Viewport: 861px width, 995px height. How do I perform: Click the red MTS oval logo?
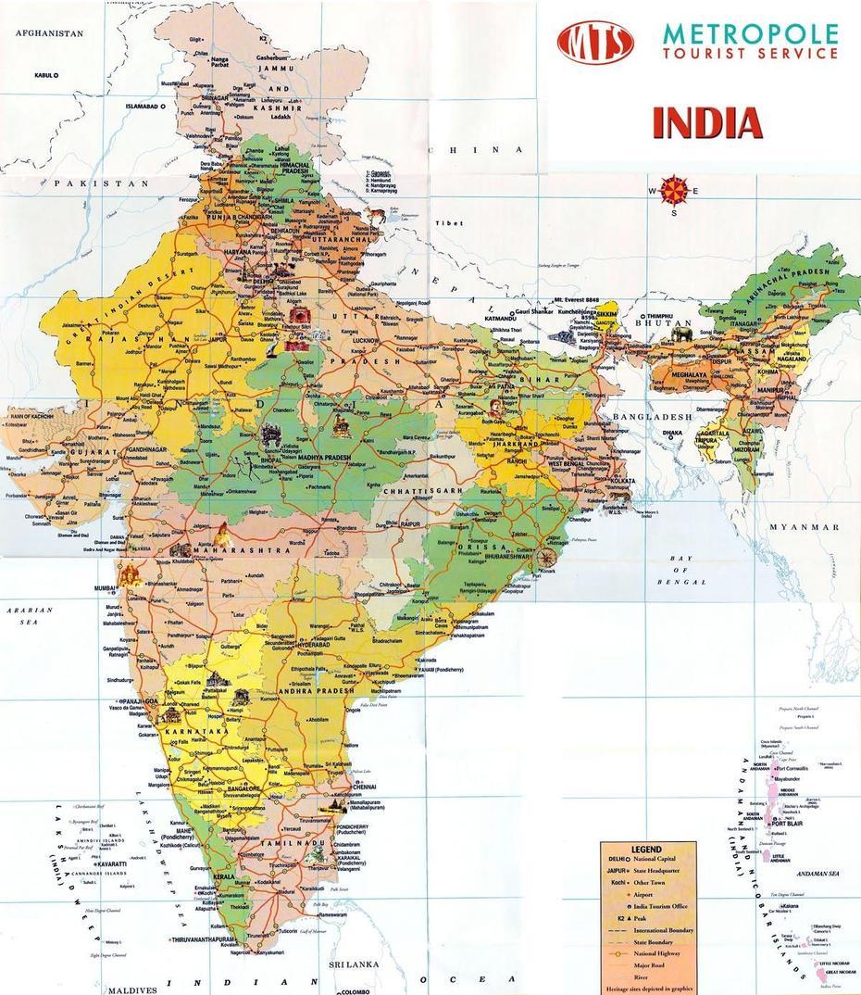coord(595,43)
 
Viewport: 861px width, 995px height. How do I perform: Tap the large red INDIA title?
coord(706,123)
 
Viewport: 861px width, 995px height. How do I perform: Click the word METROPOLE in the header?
coord(750,35)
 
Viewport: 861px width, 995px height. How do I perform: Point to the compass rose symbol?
coord(674,192)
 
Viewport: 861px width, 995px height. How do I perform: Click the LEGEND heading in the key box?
coord(646,849)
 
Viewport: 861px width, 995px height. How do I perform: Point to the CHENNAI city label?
coord(363,786)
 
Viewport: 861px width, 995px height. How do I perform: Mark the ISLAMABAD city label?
coord(143,107)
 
